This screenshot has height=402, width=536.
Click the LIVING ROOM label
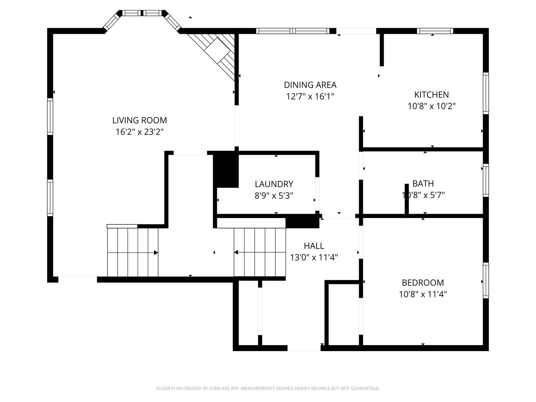140,120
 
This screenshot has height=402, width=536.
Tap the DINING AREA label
310,85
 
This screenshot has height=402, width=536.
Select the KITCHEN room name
431,95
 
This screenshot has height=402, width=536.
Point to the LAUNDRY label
274,184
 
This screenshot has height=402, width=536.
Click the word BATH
423,184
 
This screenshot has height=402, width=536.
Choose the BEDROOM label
423,283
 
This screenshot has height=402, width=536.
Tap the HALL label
314,246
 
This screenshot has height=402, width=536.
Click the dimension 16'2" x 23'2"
140,132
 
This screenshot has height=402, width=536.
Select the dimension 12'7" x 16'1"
310,97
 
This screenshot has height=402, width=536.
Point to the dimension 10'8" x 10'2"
431,106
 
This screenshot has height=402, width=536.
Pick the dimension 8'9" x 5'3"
274,196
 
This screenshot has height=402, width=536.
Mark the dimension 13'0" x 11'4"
314,258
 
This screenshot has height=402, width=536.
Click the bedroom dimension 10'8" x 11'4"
423,294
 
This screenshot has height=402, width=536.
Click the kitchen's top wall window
435,31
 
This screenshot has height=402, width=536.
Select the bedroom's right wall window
486,280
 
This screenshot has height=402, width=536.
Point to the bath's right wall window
486,180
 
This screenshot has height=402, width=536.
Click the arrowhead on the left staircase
156,253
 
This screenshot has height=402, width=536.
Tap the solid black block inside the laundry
226,170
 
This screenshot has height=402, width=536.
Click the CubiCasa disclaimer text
268,388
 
